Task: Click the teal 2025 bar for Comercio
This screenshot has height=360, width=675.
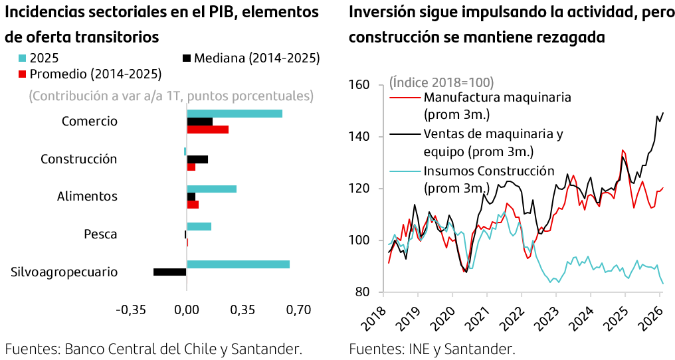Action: (x=235, y=114)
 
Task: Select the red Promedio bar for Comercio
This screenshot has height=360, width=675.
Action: (x=207, y=129)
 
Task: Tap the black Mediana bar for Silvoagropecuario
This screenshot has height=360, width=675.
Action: (x=170, y=272)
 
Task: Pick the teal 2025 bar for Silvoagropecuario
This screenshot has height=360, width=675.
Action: (x=238, y=264)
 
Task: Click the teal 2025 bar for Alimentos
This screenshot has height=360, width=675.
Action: (x=211, y=189)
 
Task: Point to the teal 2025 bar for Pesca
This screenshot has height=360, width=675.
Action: (x=199, y=226)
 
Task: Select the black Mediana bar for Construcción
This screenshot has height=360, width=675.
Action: (x=197, y=159)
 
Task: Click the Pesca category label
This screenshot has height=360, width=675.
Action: (x=100, y=234)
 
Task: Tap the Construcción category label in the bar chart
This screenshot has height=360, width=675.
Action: (x=78, y=159)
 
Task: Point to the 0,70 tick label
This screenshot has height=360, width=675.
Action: (x=298, y=310)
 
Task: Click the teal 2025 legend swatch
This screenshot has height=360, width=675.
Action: (x=23, y=58)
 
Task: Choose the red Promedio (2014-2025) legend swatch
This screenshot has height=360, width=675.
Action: (x=23, y=72)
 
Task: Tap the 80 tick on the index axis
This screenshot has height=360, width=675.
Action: (x=362, y=292)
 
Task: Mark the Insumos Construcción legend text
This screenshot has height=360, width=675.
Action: (x=488, y=171)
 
